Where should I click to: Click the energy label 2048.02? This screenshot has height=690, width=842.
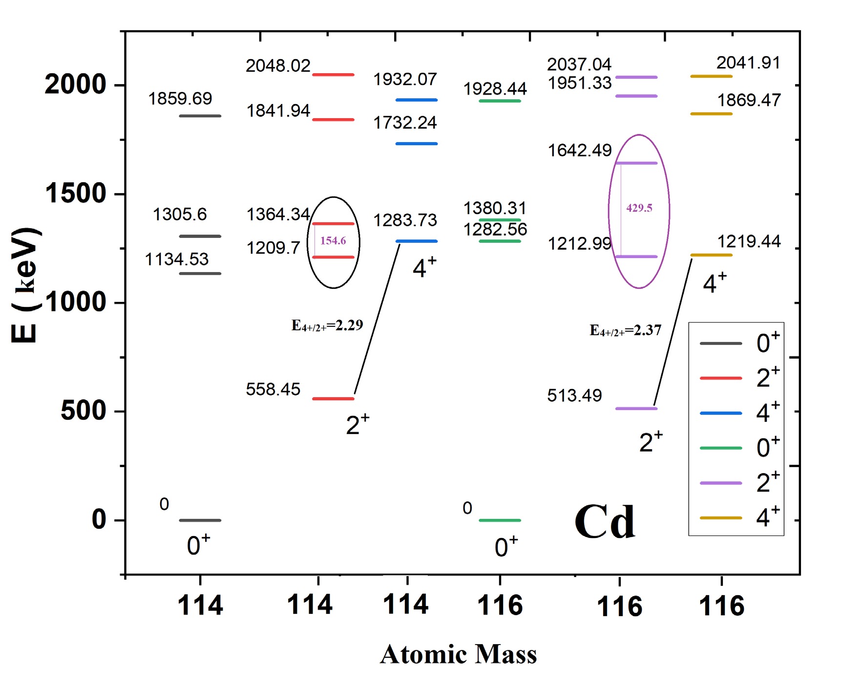click(278, 65)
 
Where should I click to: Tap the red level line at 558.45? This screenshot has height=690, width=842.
click(333, 399)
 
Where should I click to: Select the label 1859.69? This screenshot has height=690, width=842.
click(180, 99)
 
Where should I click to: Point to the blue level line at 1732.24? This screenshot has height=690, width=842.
click(416, 144)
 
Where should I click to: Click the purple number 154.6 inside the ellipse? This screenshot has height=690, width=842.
click(333, 240)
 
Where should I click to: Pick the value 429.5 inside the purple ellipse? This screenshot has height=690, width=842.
click(639, 208)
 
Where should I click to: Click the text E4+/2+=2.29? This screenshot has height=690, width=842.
click(327, 325)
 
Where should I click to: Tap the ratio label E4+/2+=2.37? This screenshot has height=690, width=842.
click(626, 331)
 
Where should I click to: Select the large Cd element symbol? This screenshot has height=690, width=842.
click(605, 522)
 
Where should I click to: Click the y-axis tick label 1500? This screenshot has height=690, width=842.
click(76, 194)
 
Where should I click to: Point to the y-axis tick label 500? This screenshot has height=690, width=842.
click(84, 410)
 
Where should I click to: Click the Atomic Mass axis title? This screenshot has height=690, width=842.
click(458, 654)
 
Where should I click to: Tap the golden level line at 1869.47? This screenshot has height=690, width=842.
click(711, 114)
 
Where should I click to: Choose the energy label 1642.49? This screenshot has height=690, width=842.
click(580, 151)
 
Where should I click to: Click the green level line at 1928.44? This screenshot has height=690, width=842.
click(500, 101)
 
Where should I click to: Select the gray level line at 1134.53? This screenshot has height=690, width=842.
click(200, 273)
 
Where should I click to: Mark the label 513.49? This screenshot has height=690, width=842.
click(574, 395)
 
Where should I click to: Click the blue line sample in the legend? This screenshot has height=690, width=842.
click(720, 413)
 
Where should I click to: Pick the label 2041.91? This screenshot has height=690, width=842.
click(748, 63)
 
